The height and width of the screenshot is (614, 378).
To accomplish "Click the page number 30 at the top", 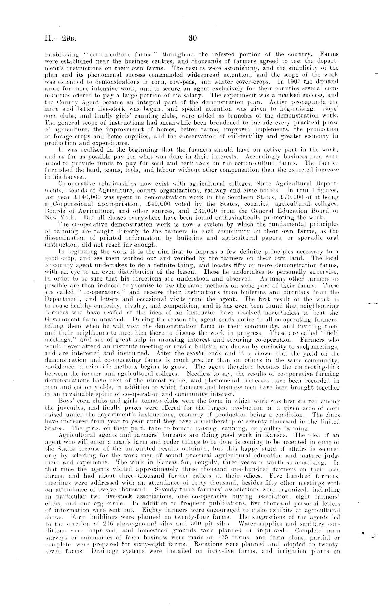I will point(192,38).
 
